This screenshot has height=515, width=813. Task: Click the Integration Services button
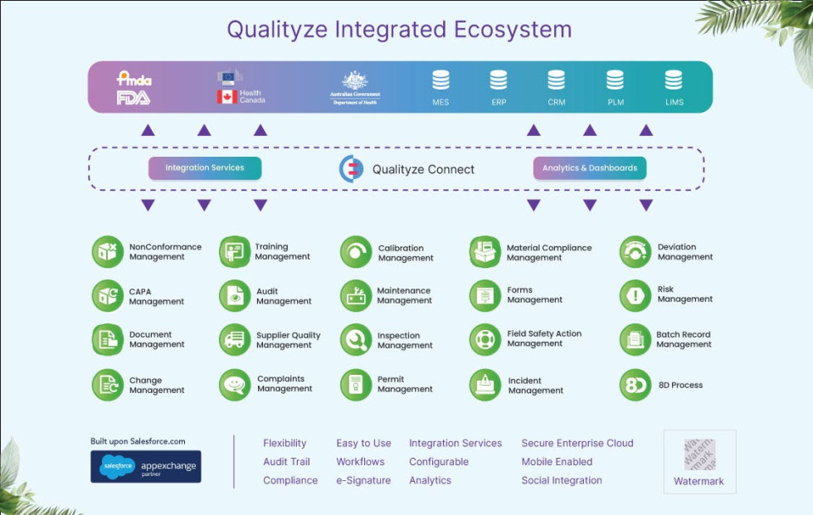pyautogui.click(x=205, y=168)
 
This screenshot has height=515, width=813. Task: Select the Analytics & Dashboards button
pyautogui.click(x=589, y=168)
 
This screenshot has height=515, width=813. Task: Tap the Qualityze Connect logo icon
pyautogui.click(x=352, y=168)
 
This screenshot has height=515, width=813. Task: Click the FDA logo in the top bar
pyautogui.click(x=134, y=98)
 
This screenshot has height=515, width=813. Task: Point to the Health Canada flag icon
pyautogui.click(x=226, y=97)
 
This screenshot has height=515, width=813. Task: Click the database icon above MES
pyautogui.click(x=441, y=80)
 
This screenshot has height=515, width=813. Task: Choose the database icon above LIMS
pyautogui.click(x=674, y=80)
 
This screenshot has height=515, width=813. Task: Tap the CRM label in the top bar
pyautogui.click(x=556, y=103)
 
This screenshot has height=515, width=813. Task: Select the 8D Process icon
pyautogui.click(x=635, y=385)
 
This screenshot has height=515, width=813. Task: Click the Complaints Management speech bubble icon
pyautogui.click(x=236, y=385)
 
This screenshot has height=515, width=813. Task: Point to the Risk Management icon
pyautogui.click(x=635, y=294)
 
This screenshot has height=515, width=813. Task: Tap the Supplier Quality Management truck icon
pyautogui.click(x=236, y=340)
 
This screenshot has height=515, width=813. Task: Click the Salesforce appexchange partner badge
pyautogui.click(x=146, y=467)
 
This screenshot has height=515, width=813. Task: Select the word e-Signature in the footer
pyautogui.click(x=363, y=480)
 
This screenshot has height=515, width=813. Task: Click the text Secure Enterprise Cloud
pyautogui.click(x=577, y=443)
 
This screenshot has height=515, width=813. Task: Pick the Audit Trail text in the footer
pyautogui.click(x=286, y=462)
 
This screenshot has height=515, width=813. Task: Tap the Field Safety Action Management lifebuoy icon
pyautogui.click(x=485, y=339)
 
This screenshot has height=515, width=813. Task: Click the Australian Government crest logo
pyautogui.click(x=355, y=80)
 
